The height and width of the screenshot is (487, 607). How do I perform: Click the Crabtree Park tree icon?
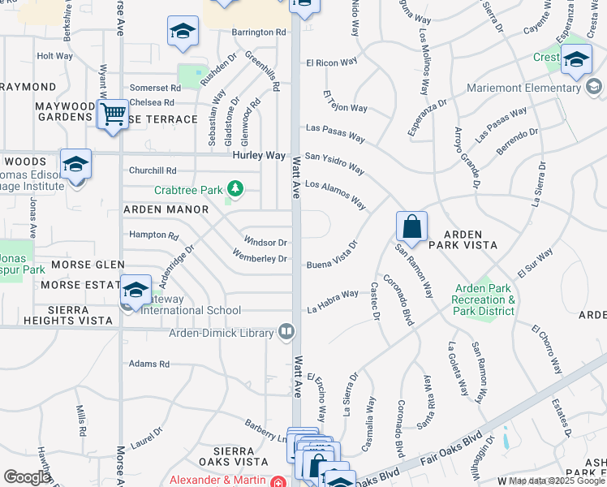point(235,189)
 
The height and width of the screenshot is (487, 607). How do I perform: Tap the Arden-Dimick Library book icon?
point(286,331)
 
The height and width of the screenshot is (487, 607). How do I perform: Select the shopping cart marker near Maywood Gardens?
point(113,114)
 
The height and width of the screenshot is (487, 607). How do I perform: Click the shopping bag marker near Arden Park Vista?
point(412,226)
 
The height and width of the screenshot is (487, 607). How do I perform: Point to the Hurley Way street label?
point(259,155)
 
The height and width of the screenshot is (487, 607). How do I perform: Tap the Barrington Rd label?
point(259,32)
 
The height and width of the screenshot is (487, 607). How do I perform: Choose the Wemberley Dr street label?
point(260,259)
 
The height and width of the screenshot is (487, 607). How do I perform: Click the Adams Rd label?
point(149,364)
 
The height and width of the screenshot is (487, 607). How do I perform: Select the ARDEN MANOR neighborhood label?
point(166,209)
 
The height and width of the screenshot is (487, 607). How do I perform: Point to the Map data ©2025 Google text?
point(557,481)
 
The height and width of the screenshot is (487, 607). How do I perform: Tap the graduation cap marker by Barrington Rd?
point(183,32)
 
